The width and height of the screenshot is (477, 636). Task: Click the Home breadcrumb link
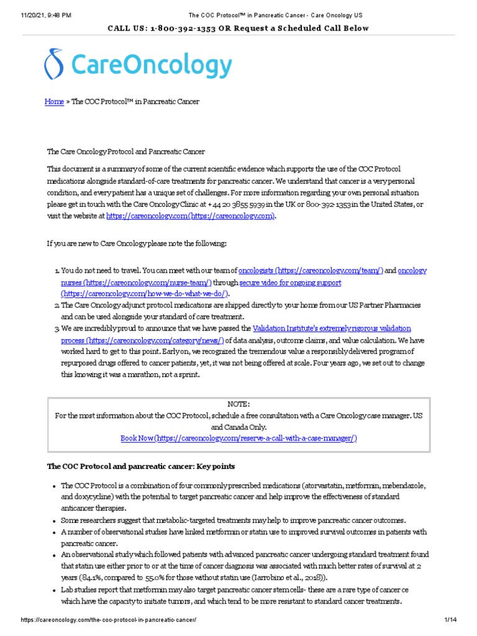54,101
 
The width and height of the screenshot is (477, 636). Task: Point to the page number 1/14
450,620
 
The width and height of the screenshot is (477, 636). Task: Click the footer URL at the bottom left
109,620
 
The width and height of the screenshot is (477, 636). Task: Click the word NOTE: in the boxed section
238,404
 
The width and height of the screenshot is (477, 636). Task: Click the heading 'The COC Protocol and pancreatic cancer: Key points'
141,466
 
